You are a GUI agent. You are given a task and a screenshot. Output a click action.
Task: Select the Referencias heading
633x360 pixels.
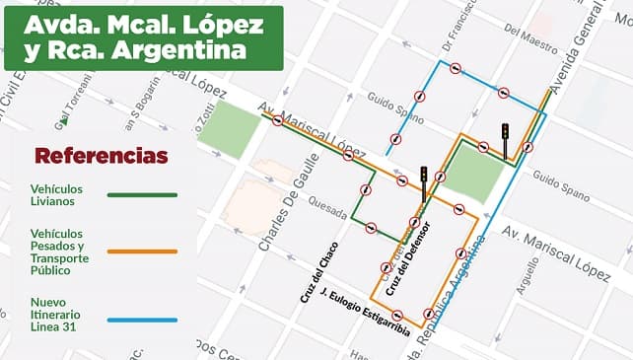tap(101, 156)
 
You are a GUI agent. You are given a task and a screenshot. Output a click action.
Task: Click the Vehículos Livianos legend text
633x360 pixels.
tap(55, 194)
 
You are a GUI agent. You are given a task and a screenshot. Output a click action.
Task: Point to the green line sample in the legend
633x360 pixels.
tap(142, 195)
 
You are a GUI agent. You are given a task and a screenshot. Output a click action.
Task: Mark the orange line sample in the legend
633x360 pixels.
tap(142, 252)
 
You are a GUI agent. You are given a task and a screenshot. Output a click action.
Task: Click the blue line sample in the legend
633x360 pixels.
tap(142, 320)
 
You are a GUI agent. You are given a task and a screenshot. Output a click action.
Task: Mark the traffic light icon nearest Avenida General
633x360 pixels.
tap(505, 138)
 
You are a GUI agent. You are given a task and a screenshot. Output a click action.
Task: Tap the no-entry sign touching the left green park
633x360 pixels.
tap(278, 121)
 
